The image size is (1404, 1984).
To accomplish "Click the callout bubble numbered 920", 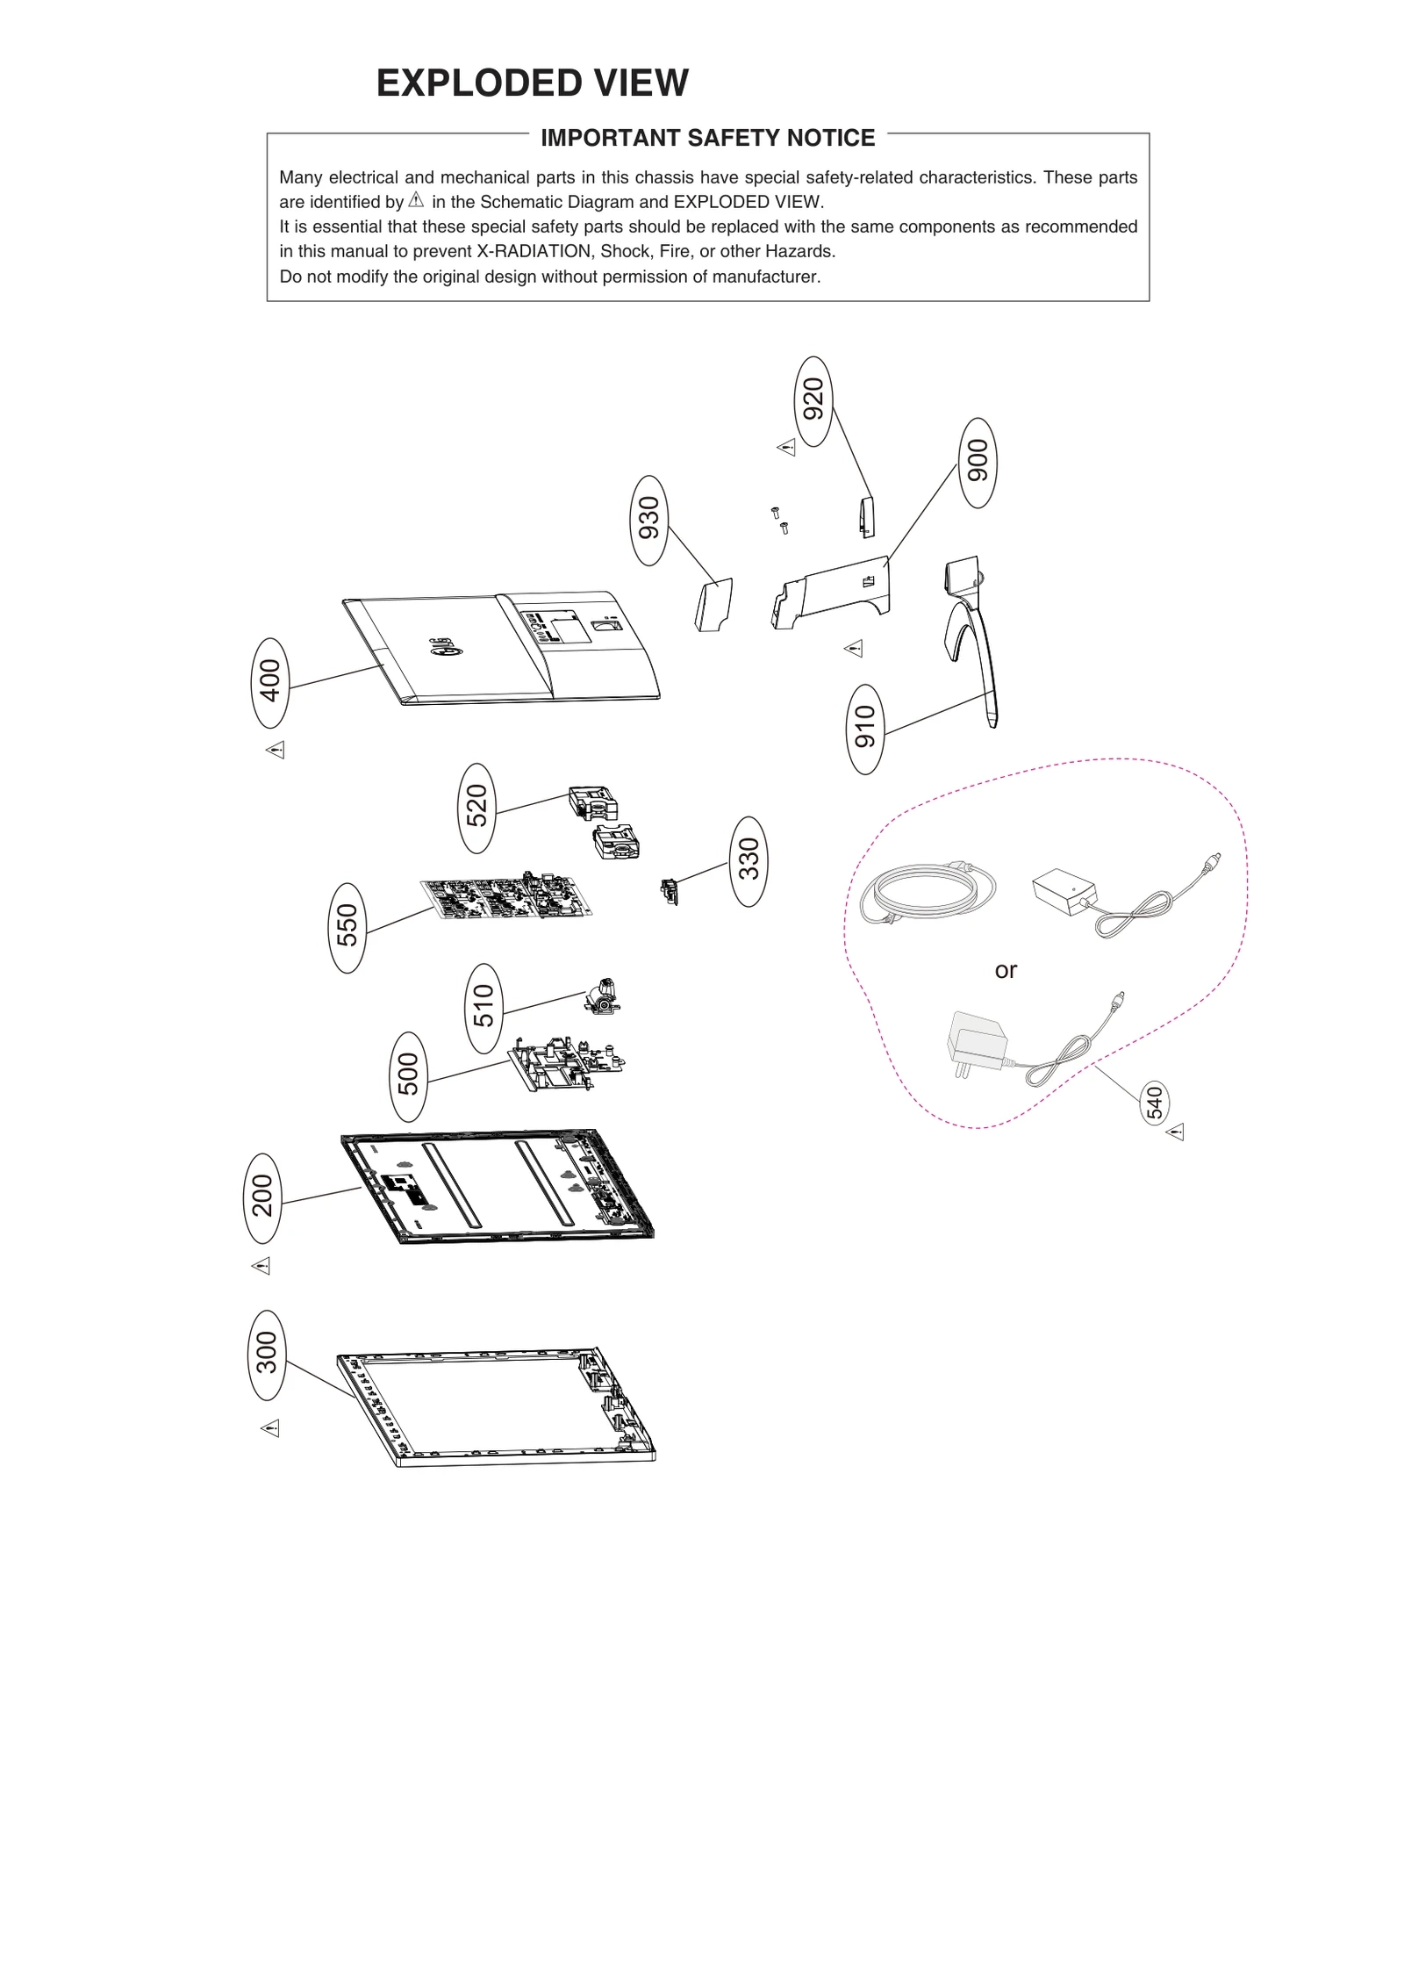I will coord(813,401).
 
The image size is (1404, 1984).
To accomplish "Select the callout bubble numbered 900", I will coord(978,463).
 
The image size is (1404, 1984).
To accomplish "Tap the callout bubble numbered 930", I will coord(649,520).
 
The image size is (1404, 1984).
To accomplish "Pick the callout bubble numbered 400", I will coord(270,682).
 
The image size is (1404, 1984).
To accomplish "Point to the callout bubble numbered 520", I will coord(476,808).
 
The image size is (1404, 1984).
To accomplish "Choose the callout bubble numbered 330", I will coord(748,860).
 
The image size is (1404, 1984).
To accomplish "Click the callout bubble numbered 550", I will coord(347,927).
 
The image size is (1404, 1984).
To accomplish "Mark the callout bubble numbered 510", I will coord(484,1008).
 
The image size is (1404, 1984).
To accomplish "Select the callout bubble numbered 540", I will coord(1154,1103).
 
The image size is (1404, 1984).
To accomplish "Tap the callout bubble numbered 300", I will coord(267,1355).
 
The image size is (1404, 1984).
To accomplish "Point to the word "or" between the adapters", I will coord(1006,970).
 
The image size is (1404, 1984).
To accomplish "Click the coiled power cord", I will coord(927,892).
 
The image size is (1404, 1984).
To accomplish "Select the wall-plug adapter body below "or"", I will coord(978,1041).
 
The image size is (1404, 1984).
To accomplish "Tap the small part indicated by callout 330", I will coord(670,892).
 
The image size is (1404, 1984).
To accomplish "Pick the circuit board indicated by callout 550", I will coord(505,897).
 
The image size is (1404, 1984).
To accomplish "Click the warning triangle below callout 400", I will coord(276,750).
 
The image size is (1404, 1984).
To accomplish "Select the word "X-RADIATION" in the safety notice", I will coord(534,252).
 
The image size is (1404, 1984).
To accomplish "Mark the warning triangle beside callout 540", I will coord(1176,1132).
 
